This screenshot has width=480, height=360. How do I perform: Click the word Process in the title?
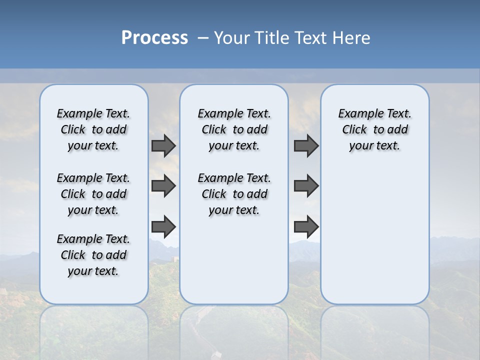(x=154, y=38)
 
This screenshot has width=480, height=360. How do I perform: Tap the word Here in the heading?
(x=352, y=38)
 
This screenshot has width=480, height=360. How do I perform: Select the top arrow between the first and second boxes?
(x=163, y=145)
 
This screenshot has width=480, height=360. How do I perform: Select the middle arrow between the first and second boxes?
(x=163, y=186)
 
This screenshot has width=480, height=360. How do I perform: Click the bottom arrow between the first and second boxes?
(x=163, y=226)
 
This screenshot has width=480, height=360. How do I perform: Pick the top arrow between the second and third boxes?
(x=306, y=145)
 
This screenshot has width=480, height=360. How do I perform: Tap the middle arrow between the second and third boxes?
(x=306, y=186)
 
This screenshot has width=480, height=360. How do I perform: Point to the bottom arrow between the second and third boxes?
(x=306, y=226)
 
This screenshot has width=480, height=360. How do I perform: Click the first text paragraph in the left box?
(x=93, y=129)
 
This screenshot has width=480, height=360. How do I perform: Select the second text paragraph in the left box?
(x=93, y=194)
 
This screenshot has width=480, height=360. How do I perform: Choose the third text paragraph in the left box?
(x=93, y=255)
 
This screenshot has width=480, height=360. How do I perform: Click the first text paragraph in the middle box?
(x=234, y=129)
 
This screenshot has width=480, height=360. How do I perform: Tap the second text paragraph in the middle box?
(x=234, y=194)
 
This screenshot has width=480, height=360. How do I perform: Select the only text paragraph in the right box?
(x=374, y=129)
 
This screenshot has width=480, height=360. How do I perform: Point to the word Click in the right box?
(x=354, y=130)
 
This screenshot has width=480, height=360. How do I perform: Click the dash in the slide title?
(x=203, y=38)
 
